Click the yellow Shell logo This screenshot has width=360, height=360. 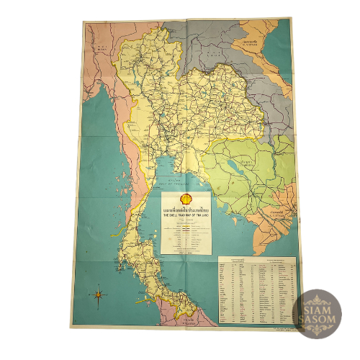186,198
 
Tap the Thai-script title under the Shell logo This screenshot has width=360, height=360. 186,208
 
